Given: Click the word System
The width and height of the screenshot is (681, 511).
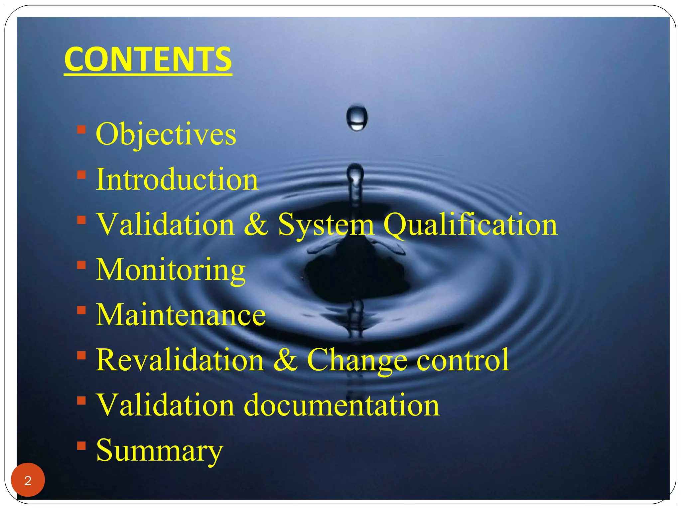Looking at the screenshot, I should pos(326,225).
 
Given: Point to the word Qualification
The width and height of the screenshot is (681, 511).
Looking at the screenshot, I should pos(470,225).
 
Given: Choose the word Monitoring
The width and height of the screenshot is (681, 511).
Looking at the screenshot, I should pos(171,270).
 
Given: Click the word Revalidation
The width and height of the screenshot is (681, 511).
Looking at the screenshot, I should pos(180,360).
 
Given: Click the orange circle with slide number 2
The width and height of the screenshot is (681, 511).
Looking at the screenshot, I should pos(28,480).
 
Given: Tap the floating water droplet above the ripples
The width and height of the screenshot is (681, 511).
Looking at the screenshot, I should pos(357,118).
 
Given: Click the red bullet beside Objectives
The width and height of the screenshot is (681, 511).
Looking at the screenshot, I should pos(81,129).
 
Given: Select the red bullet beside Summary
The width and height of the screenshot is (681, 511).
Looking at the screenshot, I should pos(81,445).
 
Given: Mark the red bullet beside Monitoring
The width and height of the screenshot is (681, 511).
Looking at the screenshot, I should pos(81,265).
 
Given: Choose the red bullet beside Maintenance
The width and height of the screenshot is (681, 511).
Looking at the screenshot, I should pos(81,310).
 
